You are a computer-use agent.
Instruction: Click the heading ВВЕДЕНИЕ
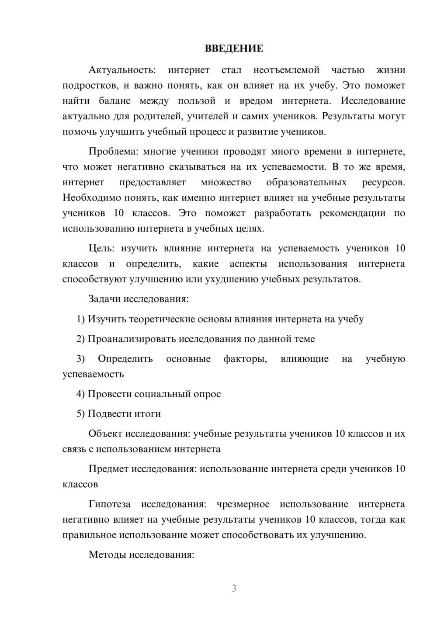coord(234,49)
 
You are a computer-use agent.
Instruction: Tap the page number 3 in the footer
coord(234,588)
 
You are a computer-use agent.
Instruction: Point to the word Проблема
coord(113,152)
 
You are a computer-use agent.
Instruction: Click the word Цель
coord(101,248)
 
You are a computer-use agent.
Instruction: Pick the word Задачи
coord(105,299)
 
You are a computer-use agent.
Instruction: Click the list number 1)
coord(81,319)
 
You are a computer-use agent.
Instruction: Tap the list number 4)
coord(81,394)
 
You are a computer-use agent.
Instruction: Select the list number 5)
coord(81,413)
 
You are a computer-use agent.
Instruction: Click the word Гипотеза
coord(110,504)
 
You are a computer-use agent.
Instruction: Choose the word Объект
coord(105,434)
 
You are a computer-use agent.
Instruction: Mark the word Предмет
coord(108,469)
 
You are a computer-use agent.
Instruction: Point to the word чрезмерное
coord(243,504)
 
